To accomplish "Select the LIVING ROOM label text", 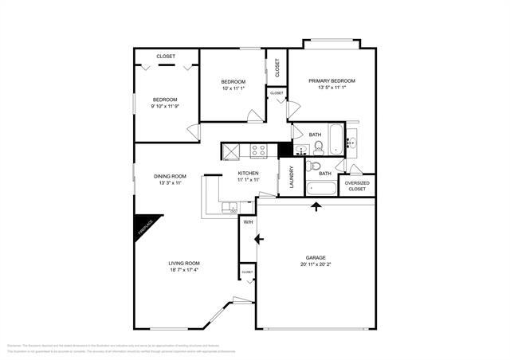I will (x=183, y=264).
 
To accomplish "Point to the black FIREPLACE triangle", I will (x=144, y=226).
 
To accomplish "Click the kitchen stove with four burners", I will (x=259, y=149).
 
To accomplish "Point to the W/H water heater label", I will (x=248, y=222).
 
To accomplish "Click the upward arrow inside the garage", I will (x=317, y=207).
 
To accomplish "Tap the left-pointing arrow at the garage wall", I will (x=258, y=238).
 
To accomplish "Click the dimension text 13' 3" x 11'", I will (x=169, y=183).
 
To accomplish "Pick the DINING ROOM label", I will (x=170, y=176).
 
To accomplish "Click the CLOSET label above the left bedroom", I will (x=166, y=56).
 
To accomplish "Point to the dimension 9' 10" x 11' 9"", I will (x=165, y=107).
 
